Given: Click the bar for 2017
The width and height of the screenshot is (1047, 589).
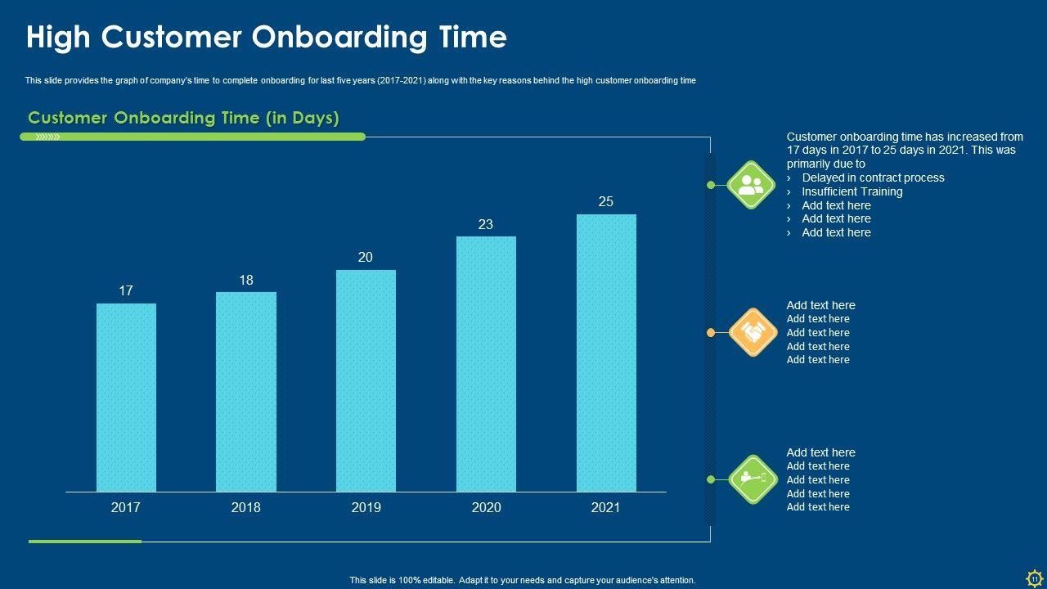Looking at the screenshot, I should coord(126,397).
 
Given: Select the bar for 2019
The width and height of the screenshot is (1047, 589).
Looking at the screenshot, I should coord(366,380).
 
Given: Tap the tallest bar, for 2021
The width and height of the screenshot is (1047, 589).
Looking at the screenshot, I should coord(606,353).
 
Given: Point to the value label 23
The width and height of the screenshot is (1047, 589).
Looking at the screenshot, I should coord(486,224).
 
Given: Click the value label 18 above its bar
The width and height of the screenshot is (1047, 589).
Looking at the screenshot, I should coord(246,280).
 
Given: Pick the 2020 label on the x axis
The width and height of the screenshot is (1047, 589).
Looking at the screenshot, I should coord(486,508).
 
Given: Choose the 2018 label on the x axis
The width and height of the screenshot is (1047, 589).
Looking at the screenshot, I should coord(246,508).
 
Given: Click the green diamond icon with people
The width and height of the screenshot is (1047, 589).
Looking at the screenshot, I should coord(751,185).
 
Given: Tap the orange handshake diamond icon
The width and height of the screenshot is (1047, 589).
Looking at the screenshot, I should coord(752,332).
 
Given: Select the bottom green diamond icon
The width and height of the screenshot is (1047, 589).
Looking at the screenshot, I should coord(752,479).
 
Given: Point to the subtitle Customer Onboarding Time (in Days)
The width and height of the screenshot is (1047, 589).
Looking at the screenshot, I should coord(183,118).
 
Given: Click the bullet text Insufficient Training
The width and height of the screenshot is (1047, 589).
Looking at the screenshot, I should coord(852,191).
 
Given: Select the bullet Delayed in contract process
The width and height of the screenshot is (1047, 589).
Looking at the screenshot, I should coord(873,178).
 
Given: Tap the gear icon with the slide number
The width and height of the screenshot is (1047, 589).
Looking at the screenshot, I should coord(1034,578).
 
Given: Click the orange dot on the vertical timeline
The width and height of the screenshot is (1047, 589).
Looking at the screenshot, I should coord(711,332).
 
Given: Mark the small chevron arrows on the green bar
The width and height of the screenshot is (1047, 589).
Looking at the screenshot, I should coord(48,137).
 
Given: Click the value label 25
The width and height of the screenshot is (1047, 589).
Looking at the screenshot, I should coord(606,201).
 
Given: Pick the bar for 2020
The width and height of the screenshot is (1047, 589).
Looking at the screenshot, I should coord(486,364).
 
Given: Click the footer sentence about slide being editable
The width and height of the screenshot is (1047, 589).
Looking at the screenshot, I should coord(523,580).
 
